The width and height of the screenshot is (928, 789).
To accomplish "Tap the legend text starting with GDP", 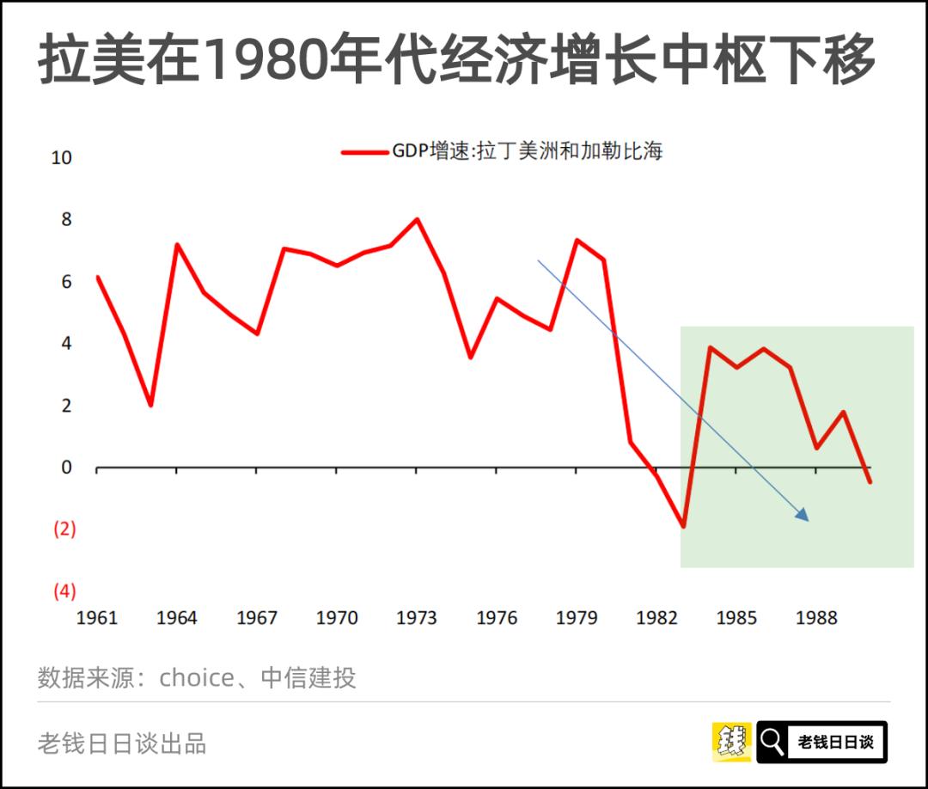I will click(527, 152).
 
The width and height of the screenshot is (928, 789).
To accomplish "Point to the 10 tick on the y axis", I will click(62, 159).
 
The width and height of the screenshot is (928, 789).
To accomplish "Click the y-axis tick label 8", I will click(66, 220).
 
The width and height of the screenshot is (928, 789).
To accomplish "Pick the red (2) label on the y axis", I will click(64, 529).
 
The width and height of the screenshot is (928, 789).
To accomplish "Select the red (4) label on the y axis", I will click(64, 591).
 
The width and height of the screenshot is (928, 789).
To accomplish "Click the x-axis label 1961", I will click(96, 618).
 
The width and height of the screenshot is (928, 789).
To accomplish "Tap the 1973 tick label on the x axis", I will click(416, 618).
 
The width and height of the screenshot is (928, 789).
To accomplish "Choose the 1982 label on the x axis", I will click(656, 618).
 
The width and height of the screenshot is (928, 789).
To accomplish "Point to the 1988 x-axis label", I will click(816, 618).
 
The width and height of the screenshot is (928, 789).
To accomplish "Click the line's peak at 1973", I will click(417, 219).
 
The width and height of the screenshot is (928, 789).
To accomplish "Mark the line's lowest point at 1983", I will click(683, 526).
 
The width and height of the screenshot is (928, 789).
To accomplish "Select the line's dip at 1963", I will click(150, 405).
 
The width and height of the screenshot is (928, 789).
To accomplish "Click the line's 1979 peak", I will click(577, 240).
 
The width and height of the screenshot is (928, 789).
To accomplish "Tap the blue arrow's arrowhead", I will click(803, 516).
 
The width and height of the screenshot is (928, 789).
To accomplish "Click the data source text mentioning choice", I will click(196, 678).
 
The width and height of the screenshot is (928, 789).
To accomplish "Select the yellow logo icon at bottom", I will click(731, 742).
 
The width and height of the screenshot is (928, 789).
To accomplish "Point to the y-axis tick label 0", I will click(66, 468).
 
